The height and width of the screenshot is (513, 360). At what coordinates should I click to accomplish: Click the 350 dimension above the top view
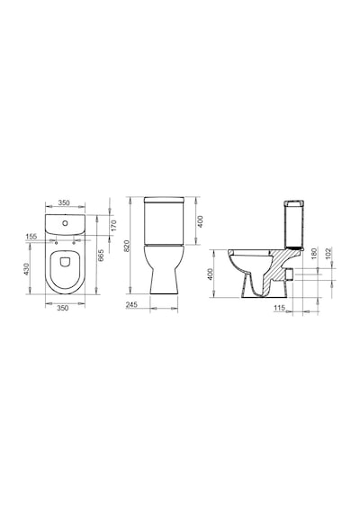64,202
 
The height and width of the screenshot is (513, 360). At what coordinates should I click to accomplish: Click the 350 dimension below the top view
63,308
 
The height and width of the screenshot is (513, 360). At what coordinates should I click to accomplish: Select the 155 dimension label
31,236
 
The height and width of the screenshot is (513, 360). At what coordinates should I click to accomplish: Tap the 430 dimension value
27,269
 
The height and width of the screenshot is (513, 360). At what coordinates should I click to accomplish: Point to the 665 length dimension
101,256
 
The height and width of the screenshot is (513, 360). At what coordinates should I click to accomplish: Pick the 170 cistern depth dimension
114,225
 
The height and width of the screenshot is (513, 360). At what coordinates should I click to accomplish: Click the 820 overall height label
127,246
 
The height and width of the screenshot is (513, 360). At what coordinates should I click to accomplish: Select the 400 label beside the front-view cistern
201,221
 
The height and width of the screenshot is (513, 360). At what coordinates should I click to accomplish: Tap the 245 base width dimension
131,304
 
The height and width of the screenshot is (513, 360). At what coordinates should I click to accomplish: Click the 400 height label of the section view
211,274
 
